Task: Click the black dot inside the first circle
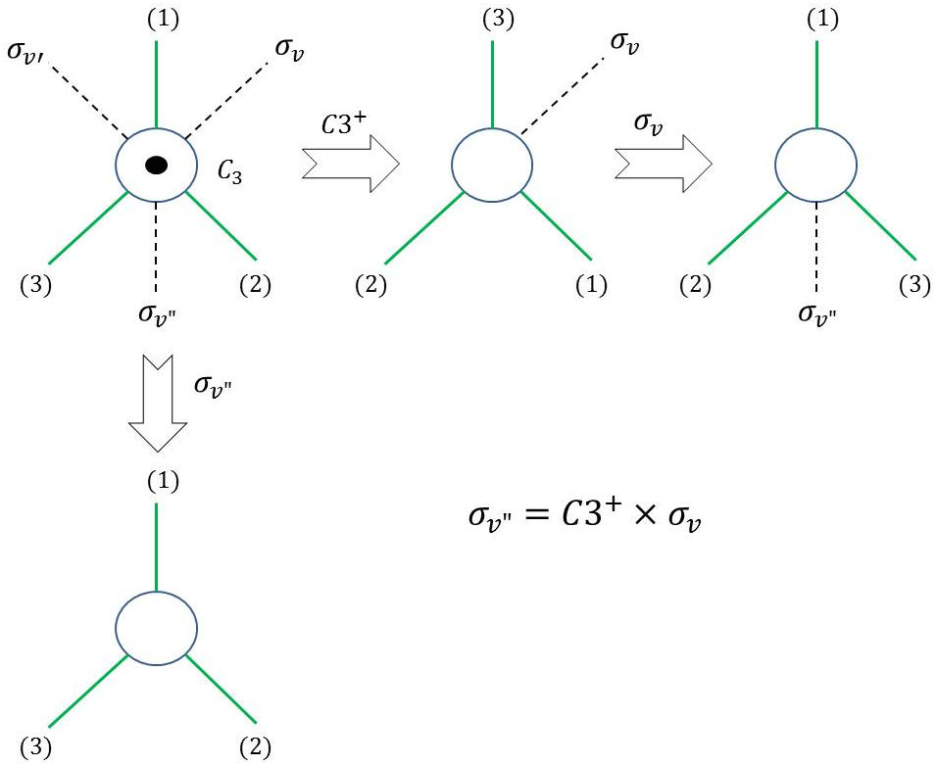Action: (x=156, y=166)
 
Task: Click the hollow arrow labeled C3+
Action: (x=350, y=159)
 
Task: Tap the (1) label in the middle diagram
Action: (x=592, y=285)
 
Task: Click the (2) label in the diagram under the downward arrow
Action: (x=256, y=751)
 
